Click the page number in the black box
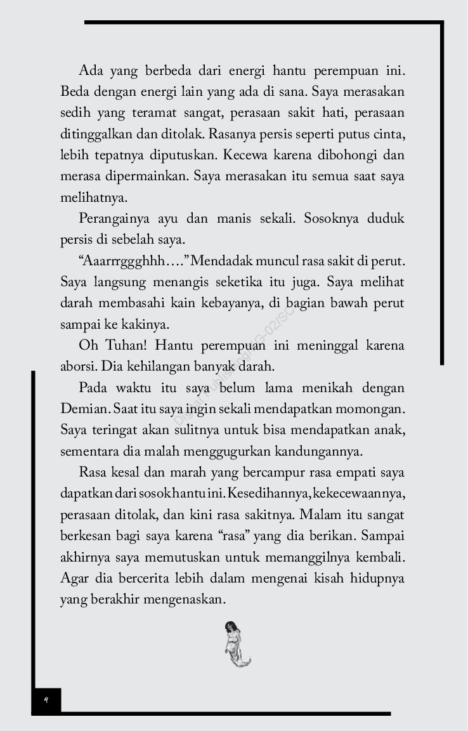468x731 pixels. (x=46, y=701)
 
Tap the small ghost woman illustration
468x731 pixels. (x=237, y=645)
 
